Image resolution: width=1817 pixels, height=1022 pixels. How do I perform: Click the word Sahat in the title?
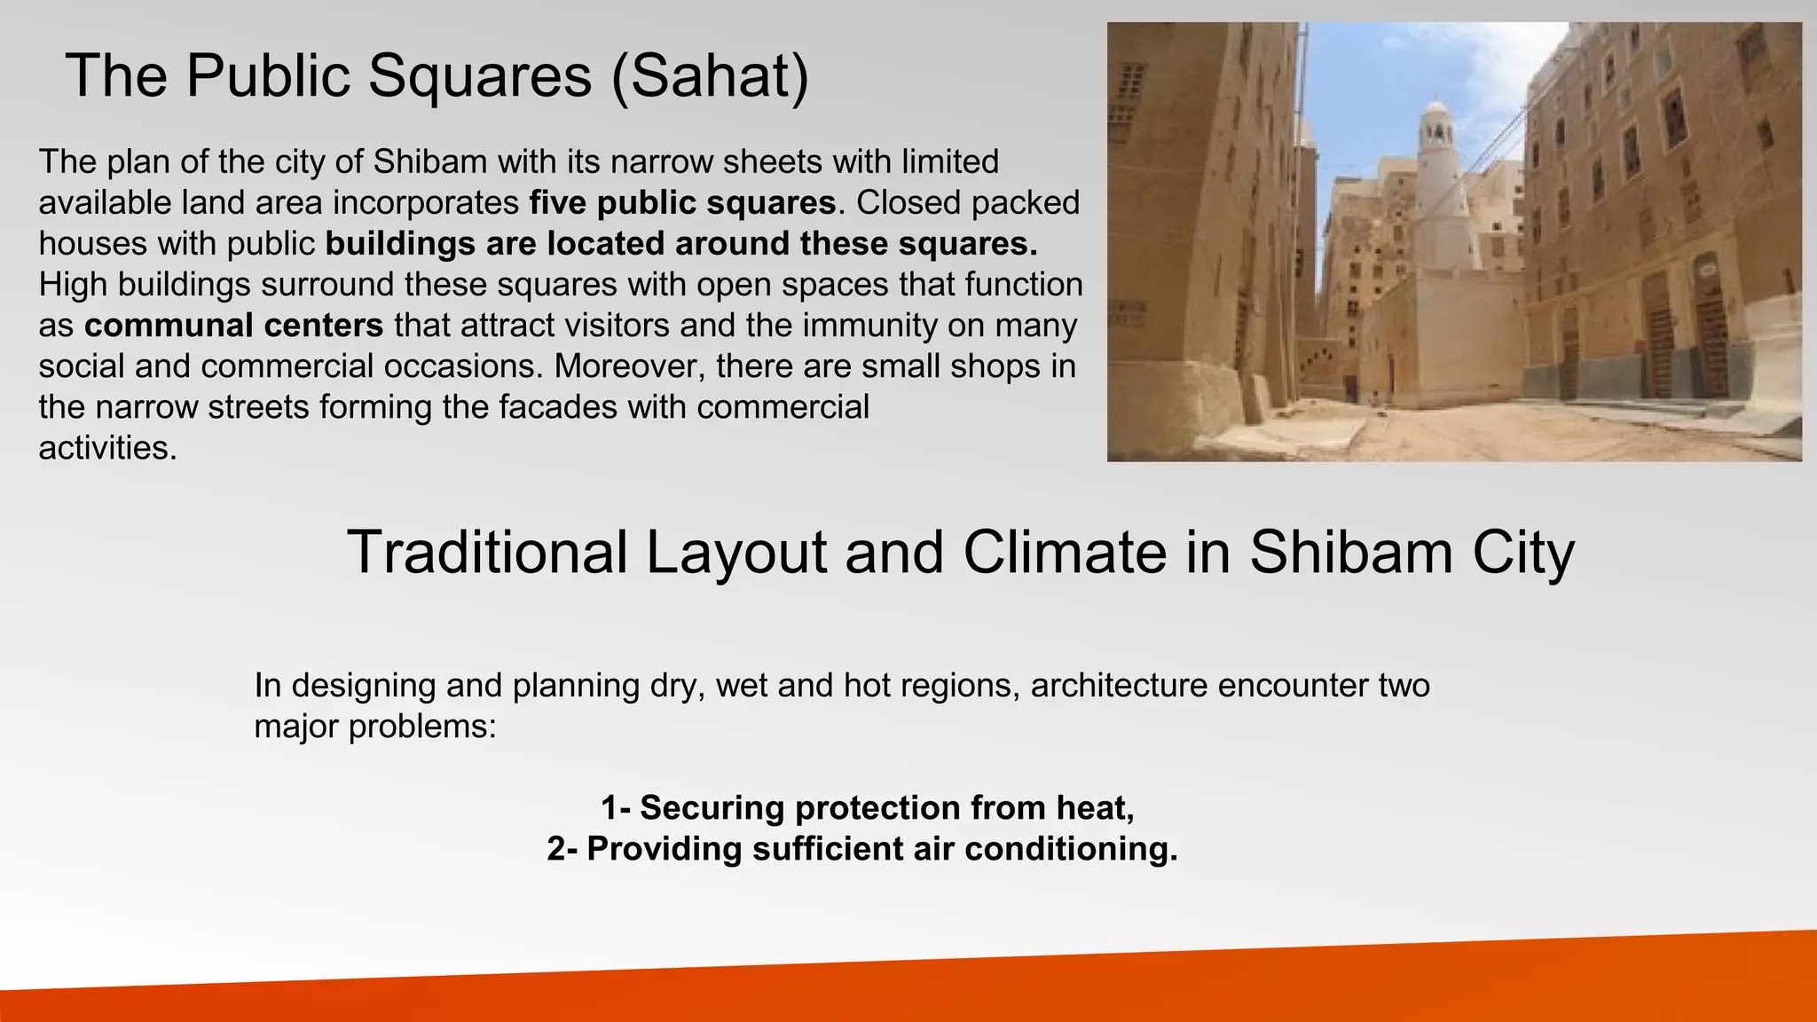coord(709,76)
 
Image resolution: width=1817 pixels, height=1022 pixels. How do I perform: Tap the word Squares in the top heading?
coord(479,76)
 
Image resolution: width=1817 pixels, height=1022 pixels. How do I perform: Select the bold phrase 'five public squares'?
coord(682,203)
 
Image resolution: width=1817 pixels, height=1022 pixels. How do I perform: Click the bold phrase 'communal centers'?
coord(233,326)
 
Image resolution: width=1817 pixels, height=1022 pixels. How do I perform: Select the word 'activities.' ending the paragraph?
coord(108,448)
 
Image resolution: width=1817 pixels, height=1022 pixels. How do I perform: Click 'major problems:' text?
coord(374,727)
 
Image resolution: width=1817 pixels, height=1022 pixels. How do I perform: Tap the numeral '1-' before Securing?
coord(616,808)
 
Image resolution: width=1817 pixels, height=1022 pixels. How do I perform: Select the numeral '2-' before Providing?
coord(562,849)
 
